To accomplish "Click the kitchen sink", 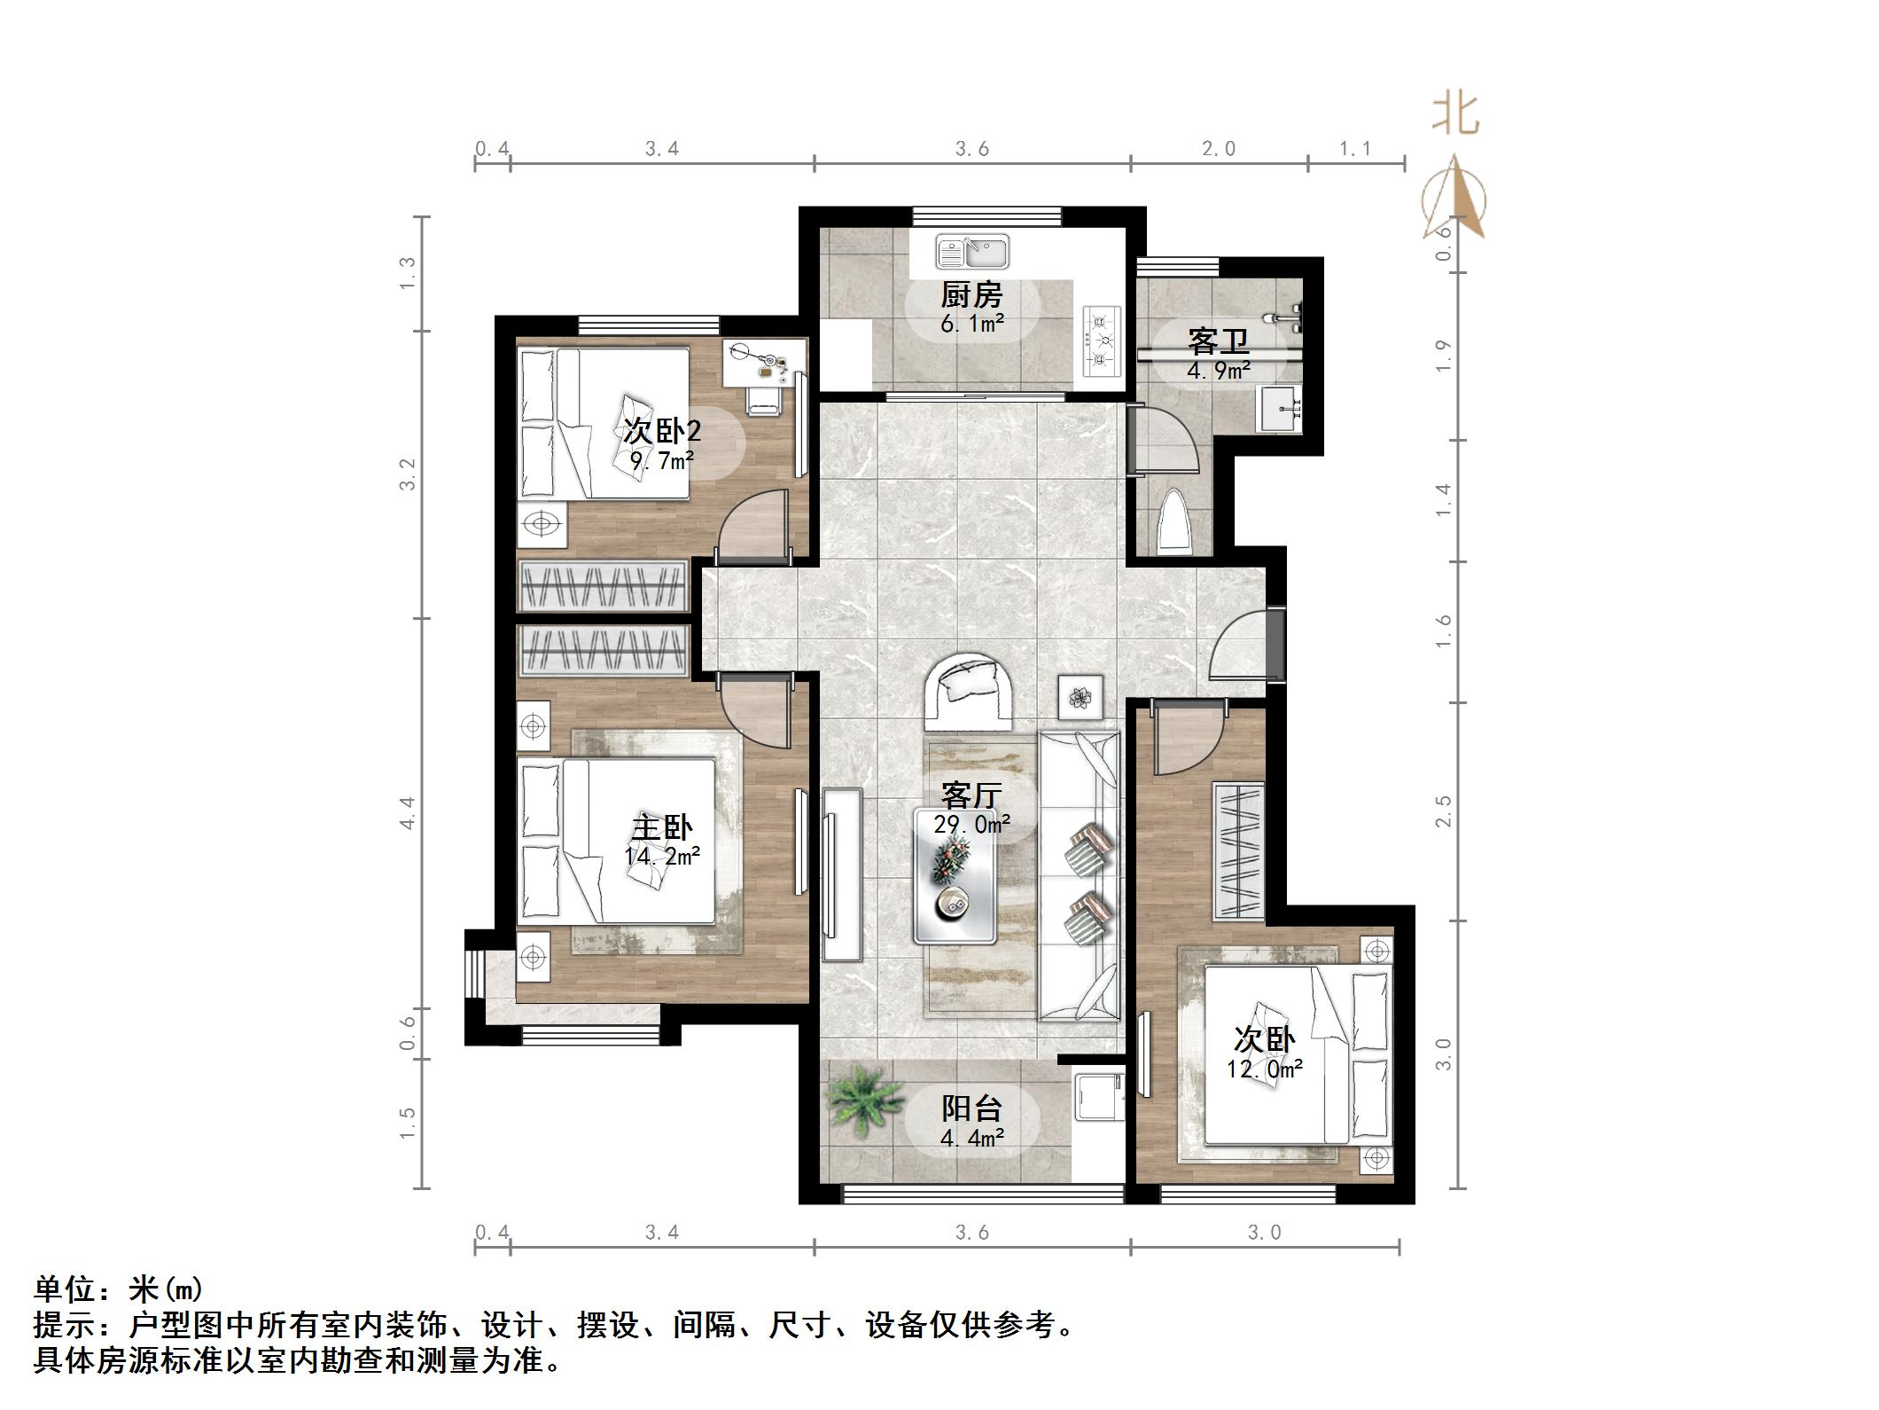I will point(972,252).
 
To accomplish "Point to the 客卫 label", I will point(1219,341).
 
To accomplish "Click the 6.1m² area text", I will point(971,324).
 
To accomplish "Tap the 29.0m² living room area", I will point(971,824).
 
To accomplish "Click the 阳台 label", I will point(971,1108).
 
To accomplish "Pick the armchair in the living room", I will point(970,691).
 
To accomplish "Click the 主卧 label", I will point(661,828).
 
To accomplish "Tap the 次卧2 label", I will point(662,432).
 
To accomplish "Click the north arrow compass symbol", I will point(1454,200).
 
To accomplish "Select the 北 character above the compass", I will point(1455,115).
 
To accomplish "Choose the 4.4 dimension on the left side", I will point(408,812).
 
